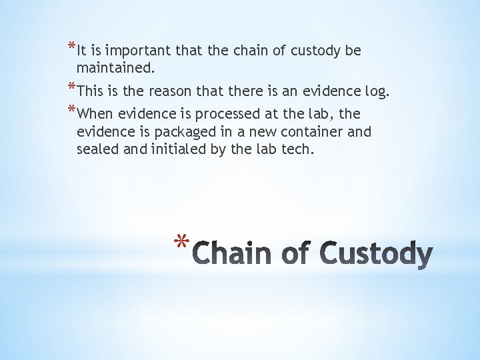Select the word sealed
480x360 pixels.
click(97, 149)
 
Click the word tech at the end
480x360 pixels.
click(297, 149)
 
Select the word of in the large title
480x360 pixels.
click(294, 255)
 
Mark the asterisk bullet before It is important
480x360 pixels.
click(71, 47)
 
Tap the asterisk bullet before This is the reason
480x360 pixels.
click(71, 88)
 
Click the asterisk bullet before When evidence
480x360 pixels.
click(71, 111)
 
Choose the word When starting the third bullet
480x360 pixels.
click(95, 114)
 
